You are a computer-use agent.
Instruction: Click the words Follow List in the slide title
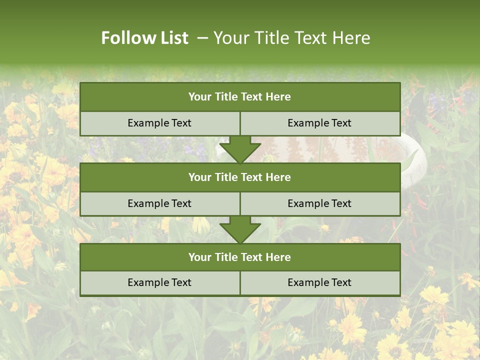[145, 38]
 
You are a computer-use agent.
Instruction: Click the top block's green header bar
[240, 97]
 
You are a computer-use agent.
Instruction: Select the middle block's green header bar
[240, 177]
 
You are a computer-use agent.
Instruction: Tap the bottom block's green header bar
[240, 257]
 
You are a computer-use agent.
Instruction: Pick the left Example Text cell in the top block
[159, 123]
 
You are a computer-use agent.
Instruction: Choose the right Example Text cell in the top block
[319, 123]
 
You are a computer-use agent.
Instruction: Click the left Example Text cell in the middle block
[159, 203]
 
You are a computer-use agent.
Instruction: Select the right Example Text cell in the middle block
[319, 203]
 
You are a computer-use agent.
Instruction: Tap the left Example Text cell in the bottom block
[159, 282]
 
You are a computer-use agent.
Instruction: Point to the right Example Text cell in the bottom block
[319, 282]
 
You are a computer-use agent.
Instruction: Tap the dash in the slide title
[202, 38]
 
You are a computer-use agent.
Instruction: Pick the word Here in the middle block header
[278, 177]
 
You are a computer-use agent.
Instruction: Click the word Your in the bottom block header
[199, 257]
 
